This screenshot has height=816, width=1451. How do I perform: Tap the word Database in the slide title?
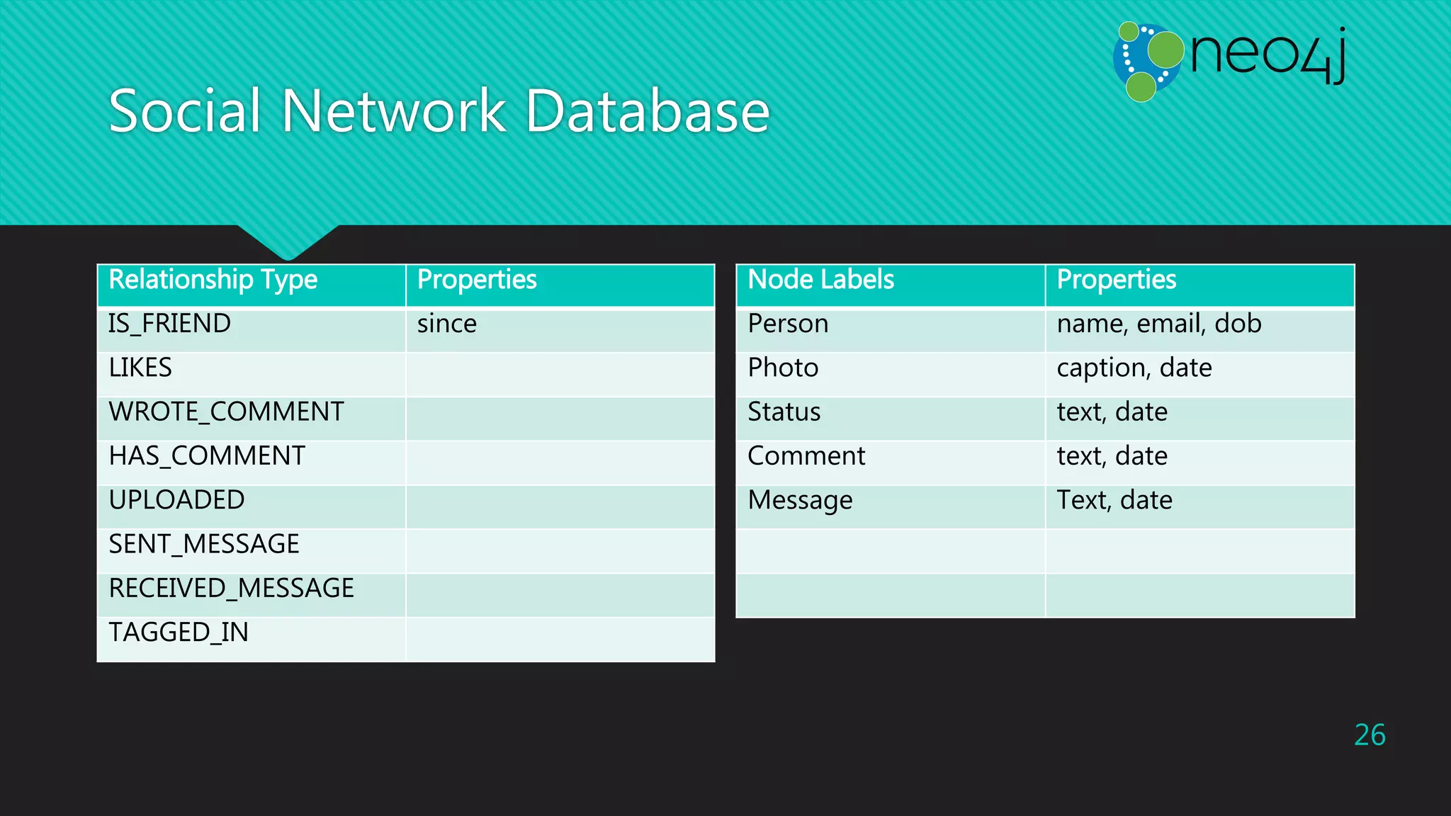coord(647,111)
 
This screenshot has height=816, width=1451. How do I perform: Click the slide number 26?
coord(1369,735)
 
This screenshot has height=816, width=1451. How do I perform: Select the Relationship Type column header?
coord(213,280)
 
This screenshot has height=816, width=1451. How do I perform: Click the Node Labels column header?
coord(820,280)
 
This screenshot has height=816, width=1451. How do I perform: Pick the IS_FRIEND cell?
coord(169,324)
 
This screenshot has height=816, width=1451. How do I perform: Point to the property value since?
coord(446,324)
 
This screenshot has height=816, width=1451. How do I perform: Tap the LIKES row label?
coord(140,368)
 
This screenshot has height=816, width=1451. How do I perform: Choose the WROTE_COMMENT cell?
coord(226,412)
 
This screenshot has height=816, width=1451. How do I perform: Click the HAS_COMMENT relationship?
coord(207,456)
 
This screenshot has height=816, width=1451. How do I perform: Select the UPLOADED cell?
coord(176,500)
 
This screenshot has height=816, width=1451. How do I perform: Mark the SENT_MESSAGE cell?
coord(204,545)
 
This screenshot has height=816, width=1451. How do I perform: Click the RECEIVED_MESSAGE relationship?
coord(231,589)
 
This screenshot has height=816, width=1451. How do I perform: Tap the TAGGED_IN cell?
coord(179,633)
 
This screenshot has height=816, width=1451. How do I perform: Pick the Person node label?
coord(788,324)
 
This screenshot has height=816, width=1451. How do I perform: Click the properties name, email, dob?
coord(1158,324)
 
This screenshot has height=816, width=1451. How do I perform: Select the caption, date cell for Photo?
coord(1134,368)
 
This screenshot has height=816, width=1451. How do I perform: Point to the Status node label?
coord(784,412)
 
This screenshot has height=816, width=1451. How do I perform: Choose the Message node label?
coord(800,500)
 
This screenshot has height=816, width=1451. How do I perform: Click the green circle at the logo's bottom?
coord(1141,87)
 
